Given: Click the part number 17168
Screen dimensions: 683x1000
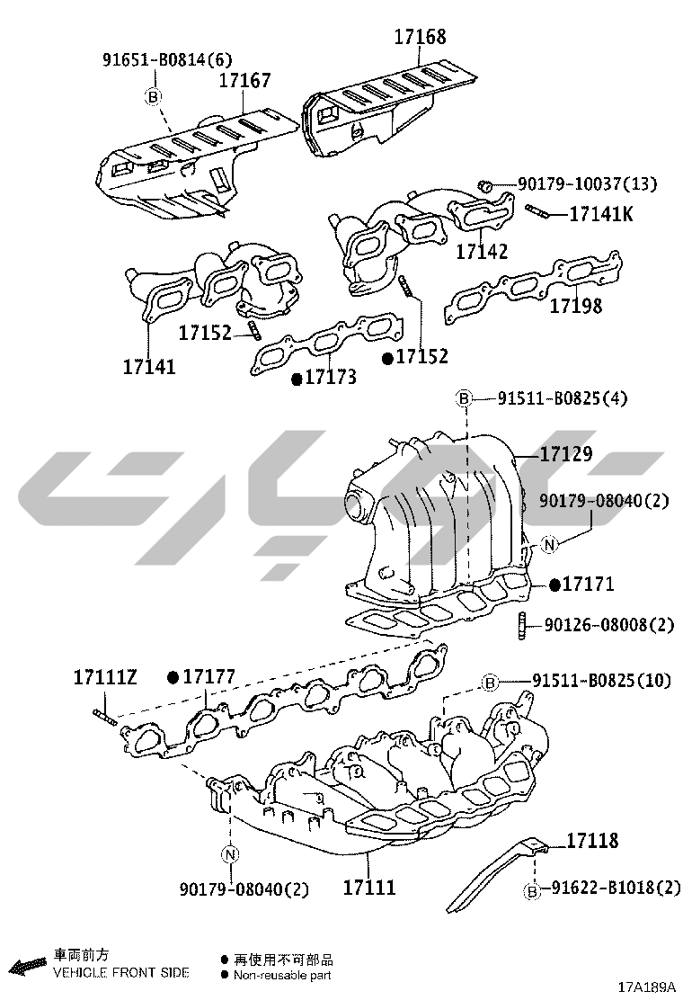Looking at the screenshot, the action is click(420, 36).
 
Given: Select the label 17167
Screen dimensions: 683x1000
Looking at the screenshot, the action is click(245, 80).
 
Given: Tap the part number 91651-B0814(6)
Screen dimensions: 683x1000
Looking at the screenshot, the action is click(167, 60).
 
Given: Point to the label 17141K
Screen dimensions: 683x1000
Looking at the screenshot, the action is click(601, 213).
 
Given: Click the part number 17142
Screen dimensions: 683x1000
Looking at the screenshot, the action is click(482, 251).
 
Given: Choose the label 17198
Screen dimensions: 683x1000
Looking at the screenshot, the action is click(575, 306).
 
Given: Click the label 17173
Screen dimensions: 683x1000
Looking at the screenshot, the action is click(330, 377).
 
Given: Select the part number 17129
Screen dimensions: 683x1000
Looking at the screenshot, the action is click(566, 454).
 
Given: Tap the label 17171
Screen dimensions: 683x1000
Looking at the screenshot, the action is click(588, 584).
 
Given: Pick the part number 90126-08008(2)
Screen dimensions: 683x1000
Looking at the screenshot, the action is click(609, 624).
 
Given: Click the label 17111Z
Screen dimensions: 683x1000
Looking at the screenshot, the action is click(105, 676).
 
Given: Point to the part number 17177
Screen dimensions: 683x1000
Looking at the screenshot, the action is click(209, 676).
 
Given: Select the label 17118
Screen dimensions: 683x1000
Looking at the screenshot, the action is click(592, 841).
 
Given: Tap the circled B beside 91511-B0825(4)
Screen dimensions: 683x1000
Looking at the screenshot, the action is click(465, 399).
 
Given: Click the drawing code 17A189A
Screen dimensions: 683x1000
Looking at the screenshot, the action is click(646, 987).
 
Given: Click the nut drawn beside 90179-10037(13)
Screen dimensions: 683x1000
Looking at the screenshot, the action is click(485, 185).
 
